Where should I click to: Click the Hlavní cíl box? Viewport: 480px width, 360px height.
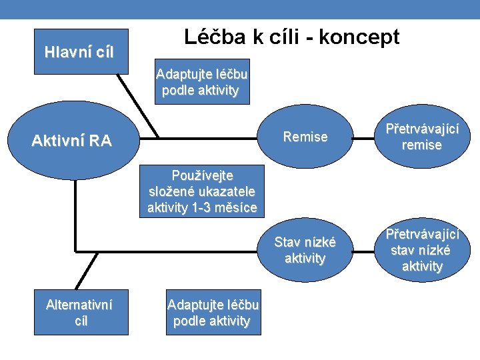[x=79, y=52]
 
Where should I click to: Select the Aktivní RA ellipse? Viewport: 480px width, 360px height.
[x=72, y=141]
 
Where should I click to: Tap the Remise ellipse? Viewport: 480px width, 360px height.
[x=305, y=137]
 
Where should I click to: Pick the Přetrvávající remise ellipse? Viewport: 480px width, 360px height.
[x=422, y=137]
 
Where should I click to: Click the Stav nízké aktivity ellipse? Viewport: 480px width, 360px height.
[x=305, y=250]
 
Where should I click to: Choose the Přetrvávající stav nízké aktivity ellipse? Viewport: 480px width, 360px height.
[x=422, y=250]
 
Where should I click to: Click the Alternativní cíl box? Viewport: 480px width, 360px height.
[x=79, y=313]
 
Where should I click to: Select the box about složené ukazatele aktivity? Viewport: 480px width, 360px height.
[x=202, y=192]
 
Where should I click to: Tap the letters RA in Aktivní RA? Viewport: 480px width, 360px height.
[x=100, y=141]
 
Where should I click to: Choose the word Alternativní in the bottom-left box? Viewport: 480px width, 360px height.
[x=79, y=305]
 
